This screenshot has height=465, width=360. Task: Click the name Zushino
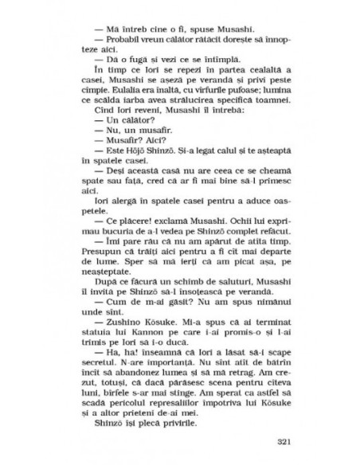[x=117, y=316]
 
